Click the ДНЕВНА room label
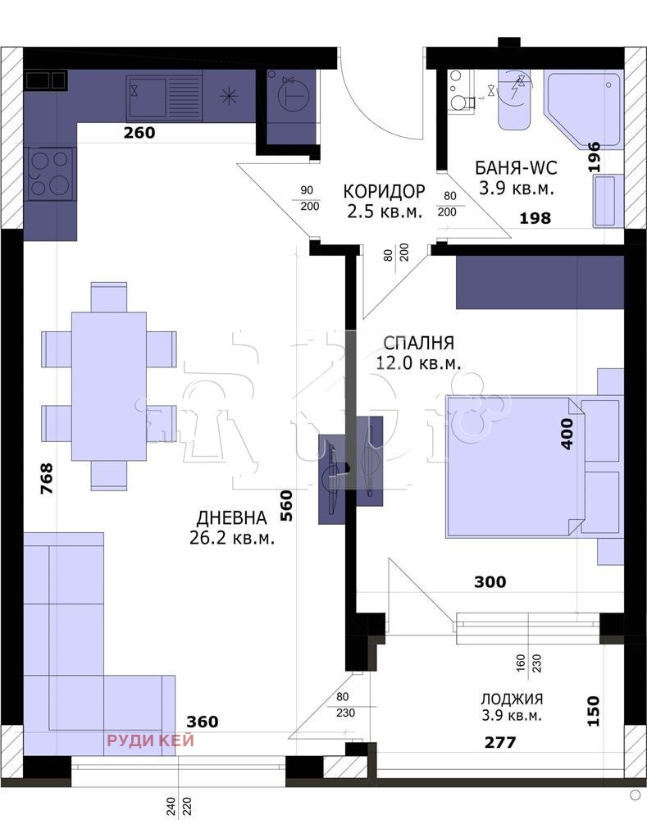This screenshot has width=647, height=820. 232,517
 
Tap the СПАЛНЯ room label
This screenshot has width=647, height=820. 418,343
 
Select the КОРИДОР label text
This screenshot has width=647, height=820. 384,191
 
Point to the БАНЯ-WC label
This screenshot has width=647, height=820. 516,168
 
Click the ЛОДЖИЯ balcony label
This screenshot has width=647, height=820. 512,699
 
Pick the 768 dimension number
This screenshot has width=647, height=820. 47,478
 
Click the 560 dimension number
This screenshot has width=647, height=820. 286,505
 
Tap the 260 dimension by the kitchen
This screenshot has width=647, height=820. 139,132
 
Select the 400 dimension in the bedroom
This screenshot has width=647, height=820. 567,434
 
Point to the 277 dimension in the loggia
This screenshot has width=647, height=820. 500,742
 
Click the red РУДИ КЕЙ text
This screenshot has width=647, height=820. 151,740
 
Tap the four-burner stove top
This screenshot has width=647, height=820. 50,174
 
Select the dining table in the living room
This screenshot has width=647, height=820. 109,386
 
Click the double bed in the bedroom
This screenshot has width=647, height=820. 534,467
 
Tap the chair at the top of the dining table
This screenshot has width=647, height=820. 109,297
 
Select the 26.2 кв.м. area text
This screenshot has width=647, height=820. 232,538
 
